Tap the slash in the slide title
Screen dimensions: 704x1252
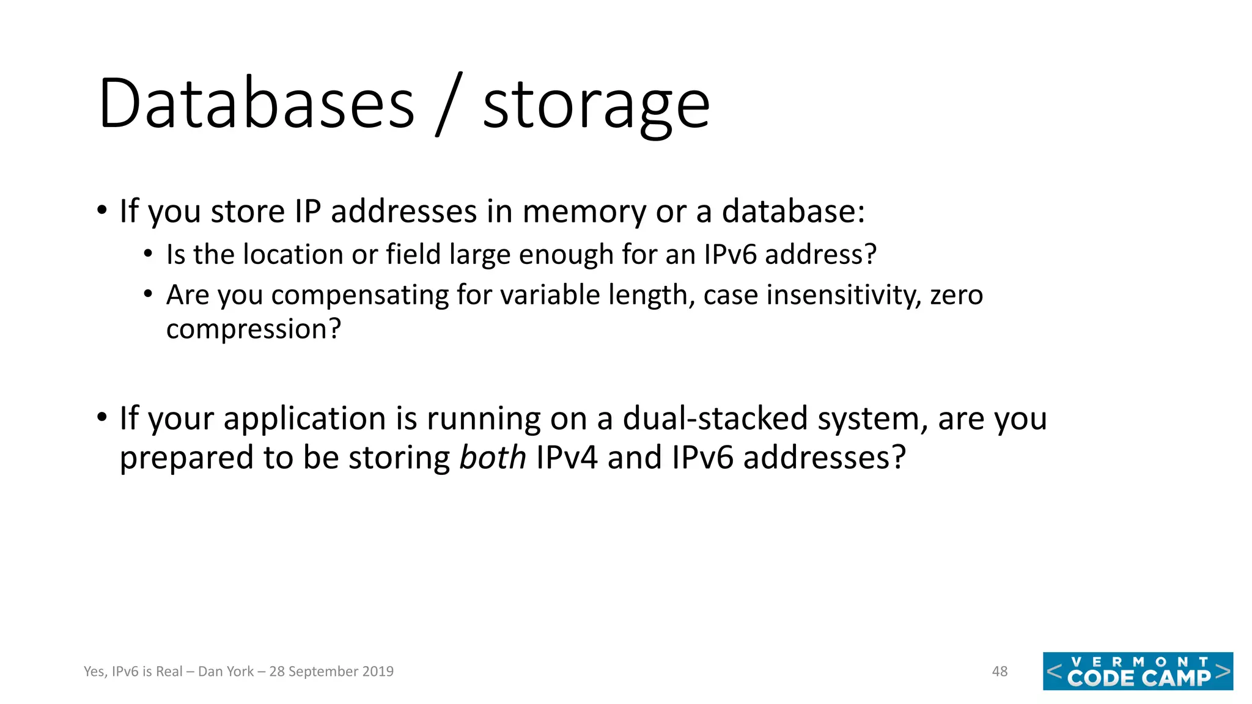[449, 104]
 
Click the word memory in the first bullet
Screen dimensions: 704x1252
[584, 212]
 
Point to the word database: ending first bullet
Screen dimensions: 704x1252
[793, 212]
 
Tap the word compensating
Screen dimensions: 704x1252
[360, 296]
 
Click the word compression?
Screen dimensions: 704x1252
[253, 330]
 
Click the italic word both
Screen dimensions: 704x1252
[492, 458]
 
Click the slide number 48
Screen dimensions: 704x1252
[1000, 672]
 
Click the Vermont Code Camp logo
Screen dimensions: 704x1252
[1138, 672]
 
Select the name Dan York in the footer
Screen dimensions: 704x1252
[226, 672]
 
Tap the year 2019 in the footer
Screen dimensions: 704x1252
[377, 672]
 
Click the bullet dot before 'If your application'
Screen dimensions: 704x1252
[102, 418]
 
